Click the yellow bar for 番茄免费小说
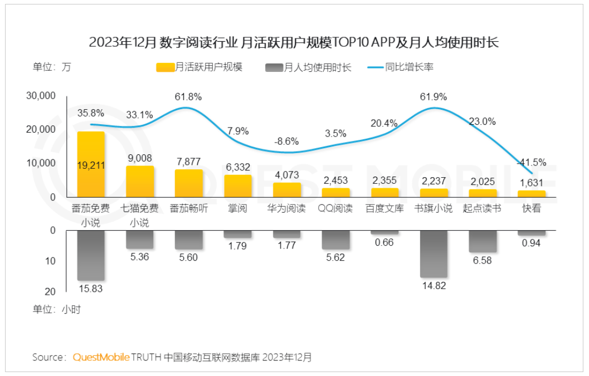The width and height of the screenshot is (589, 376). tap(91, 164)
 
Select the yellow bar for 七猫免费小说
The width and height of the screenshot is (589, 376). tap(140, 182)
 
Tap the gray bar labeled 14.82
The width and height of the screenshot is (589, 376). tap(434, 253)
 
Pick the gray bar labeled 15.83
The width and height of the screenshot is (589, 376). tap(91, 255)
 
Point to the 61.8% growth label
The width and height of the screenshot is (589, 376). tap(188, 96)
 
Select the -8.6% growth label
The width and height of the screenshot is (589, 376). tap(286, 141)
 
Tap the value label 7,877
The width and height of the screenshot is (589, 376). tap(188, 162)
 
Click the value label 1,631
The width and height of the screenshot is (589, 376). tap(532, 182)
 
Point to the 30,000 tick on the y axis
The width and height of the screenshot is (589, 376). tap(41, 96)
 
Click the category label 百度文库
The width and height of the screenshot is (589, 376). tap(384, 209)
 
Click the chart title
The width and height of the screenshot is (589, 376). tap(294, 42)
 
